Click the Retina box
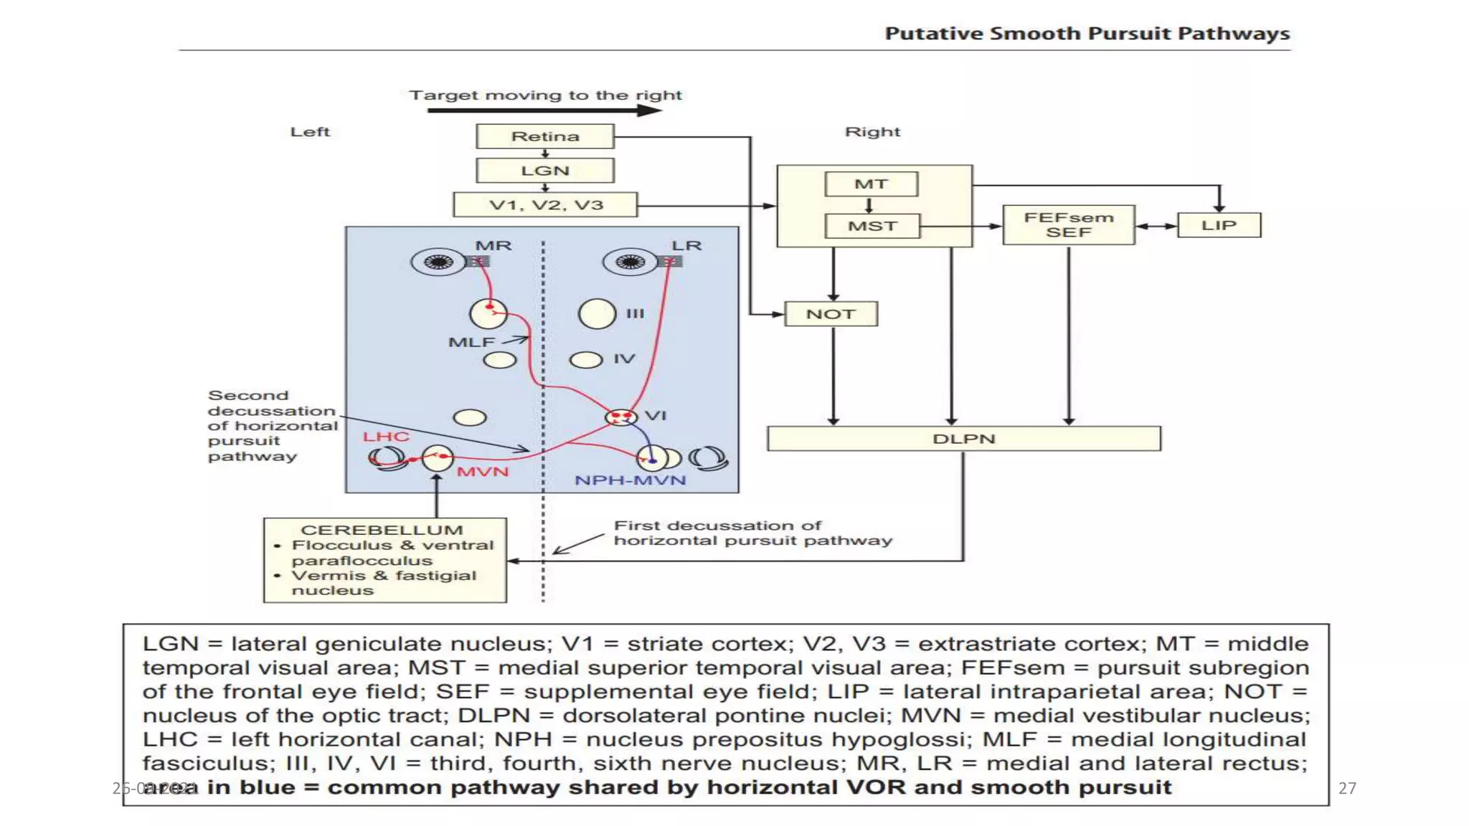[x=545, y=136]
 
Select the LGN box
[x=545, y=171]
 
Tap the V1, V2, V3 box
[x=545, y=205]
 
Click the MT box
[x=871, y=184]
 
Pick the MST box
[x=872, y=226]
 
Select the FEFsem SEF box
[x=1068, y=225]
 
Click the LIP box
[x=1219, y=225]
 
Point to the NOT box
[x=831, y=314]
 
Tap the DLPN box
[x=963, y=439]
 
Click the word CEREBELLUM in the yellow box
[x=382, y=530]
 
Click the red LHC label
[x=386, y=437]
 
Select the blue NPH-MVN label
[x=630, y=480]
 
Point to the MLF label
[x=471, y=343]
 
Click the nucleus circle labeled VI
[x=620, y=417]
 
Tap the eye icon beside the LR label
[x=630, y=262]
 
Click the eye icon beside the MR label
[x=438, y=262]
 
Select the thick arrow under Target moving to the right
[x=544, y=110]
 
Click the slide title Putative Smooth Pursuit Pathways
[x=1087, y=34]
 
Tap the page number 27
[x=1347, y=788]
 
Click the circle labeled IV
[x=585, y=359]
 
